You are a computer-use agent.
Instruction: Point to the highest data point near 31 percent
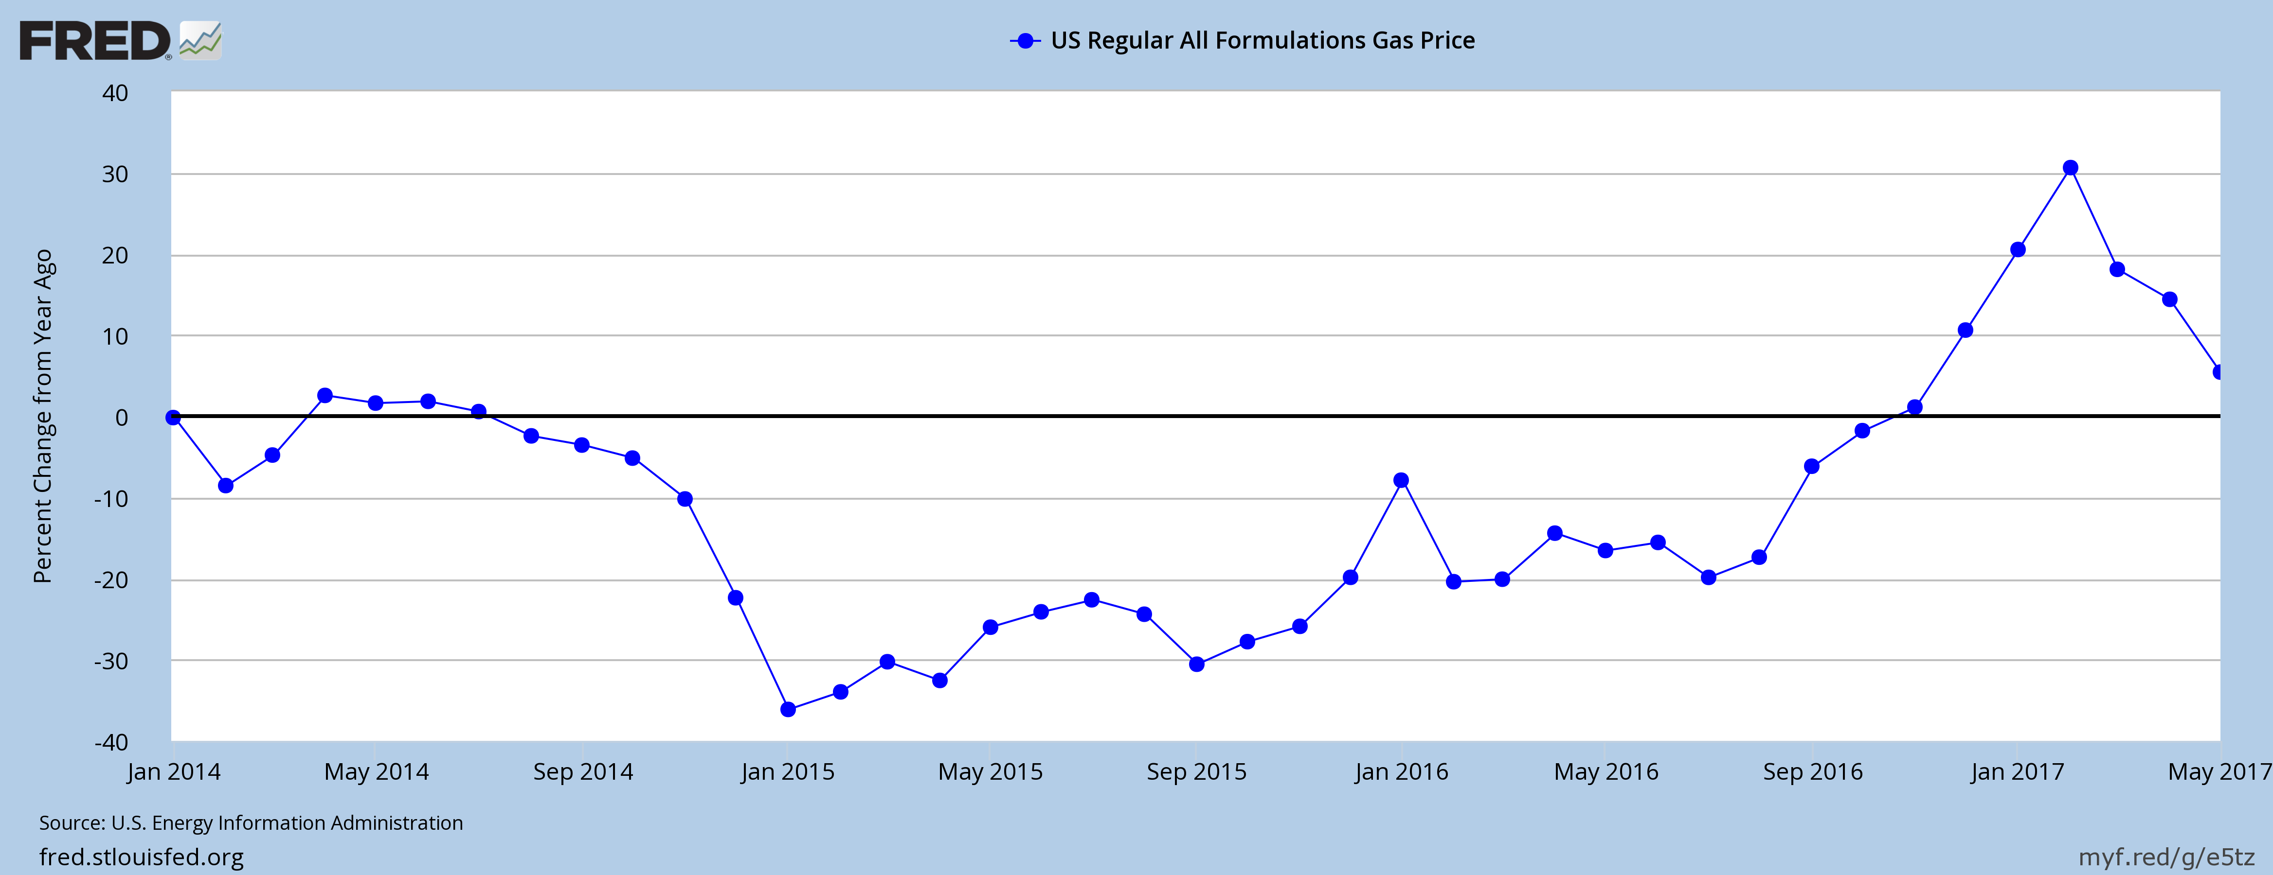[x=2070, y=168]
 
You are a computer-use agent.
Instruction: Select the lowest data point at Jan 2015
[x=788, y=709]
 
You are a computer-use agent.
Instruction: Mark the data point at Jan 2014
[x=173, y=417]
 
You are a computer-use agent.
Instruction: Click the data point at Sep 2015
[x=1196, y=664]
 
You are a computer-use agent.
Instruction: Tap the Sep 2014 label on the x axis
[x=582, y=772]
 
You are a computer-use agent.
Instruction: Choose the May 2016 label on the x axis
[x=1606, y=772]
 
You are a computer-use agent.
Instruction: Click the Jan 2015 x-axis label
[x=787, y=772]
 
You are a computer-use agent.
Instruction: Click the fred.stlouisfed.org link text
[x=141, y=857]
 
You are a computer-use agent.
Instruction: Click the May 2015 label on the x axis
[x=990, y=772]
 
